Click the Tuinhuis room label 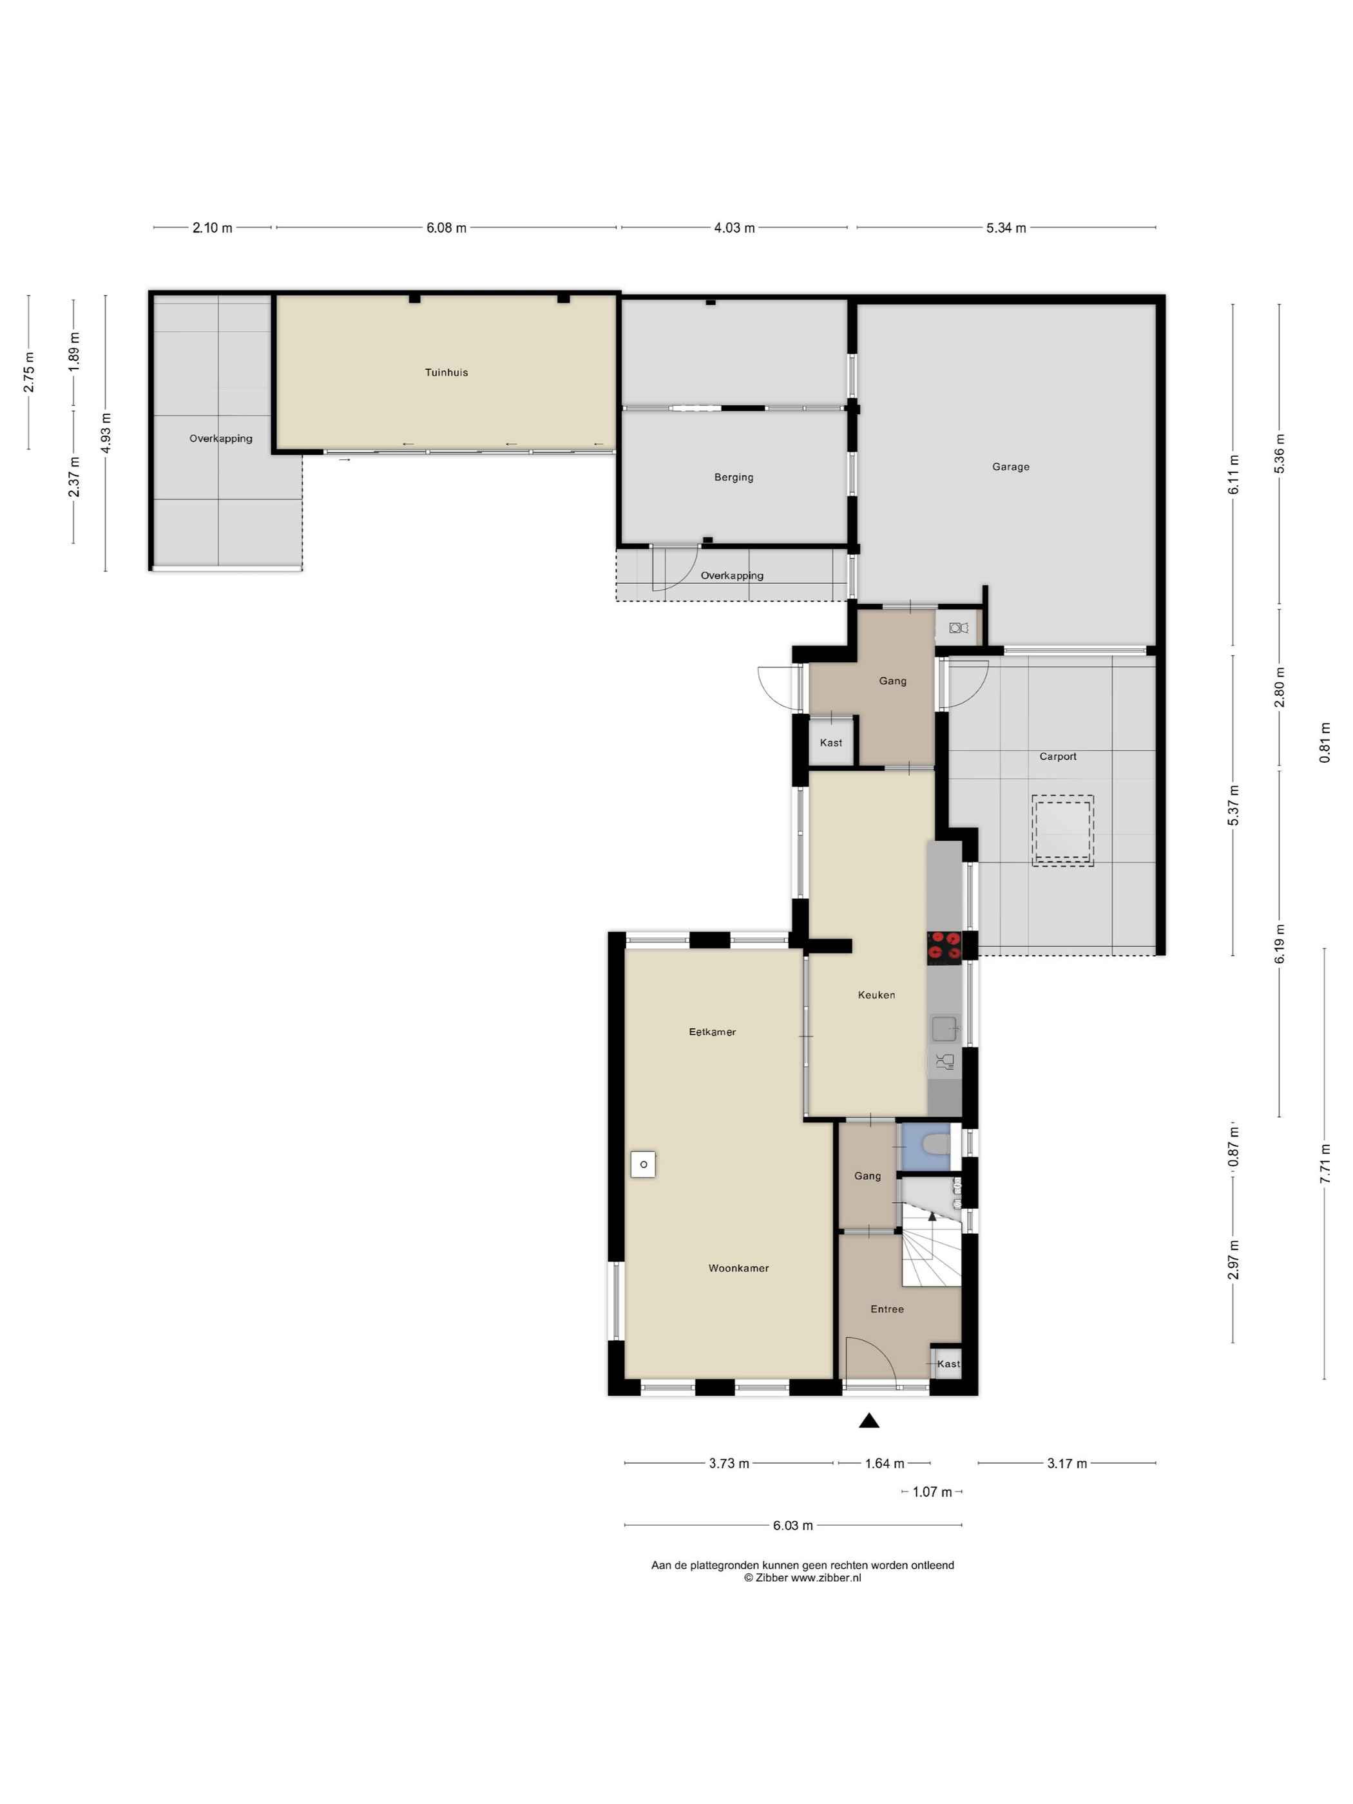(x=446, y=372)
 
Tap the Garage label (x=1010, y=467)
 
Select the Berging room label (x=733, y=478)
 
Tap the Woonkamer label (x=738, y=1268)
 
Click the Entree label (x=887, y=1309)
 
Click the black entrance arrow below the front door (x=869, y=1421)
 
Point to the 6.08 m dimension (x=446, y=228)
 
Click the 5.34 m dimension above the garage (x=1006, y=228)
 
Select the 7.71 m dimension (x=1325, y=1163)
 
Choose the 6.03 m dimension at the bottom (x=792, y=1526)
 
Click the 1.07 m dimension (x=932, y=1492)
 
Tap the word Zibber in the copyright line (x=771, y=1578)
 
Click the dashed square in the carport (x=1062, y=830)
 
